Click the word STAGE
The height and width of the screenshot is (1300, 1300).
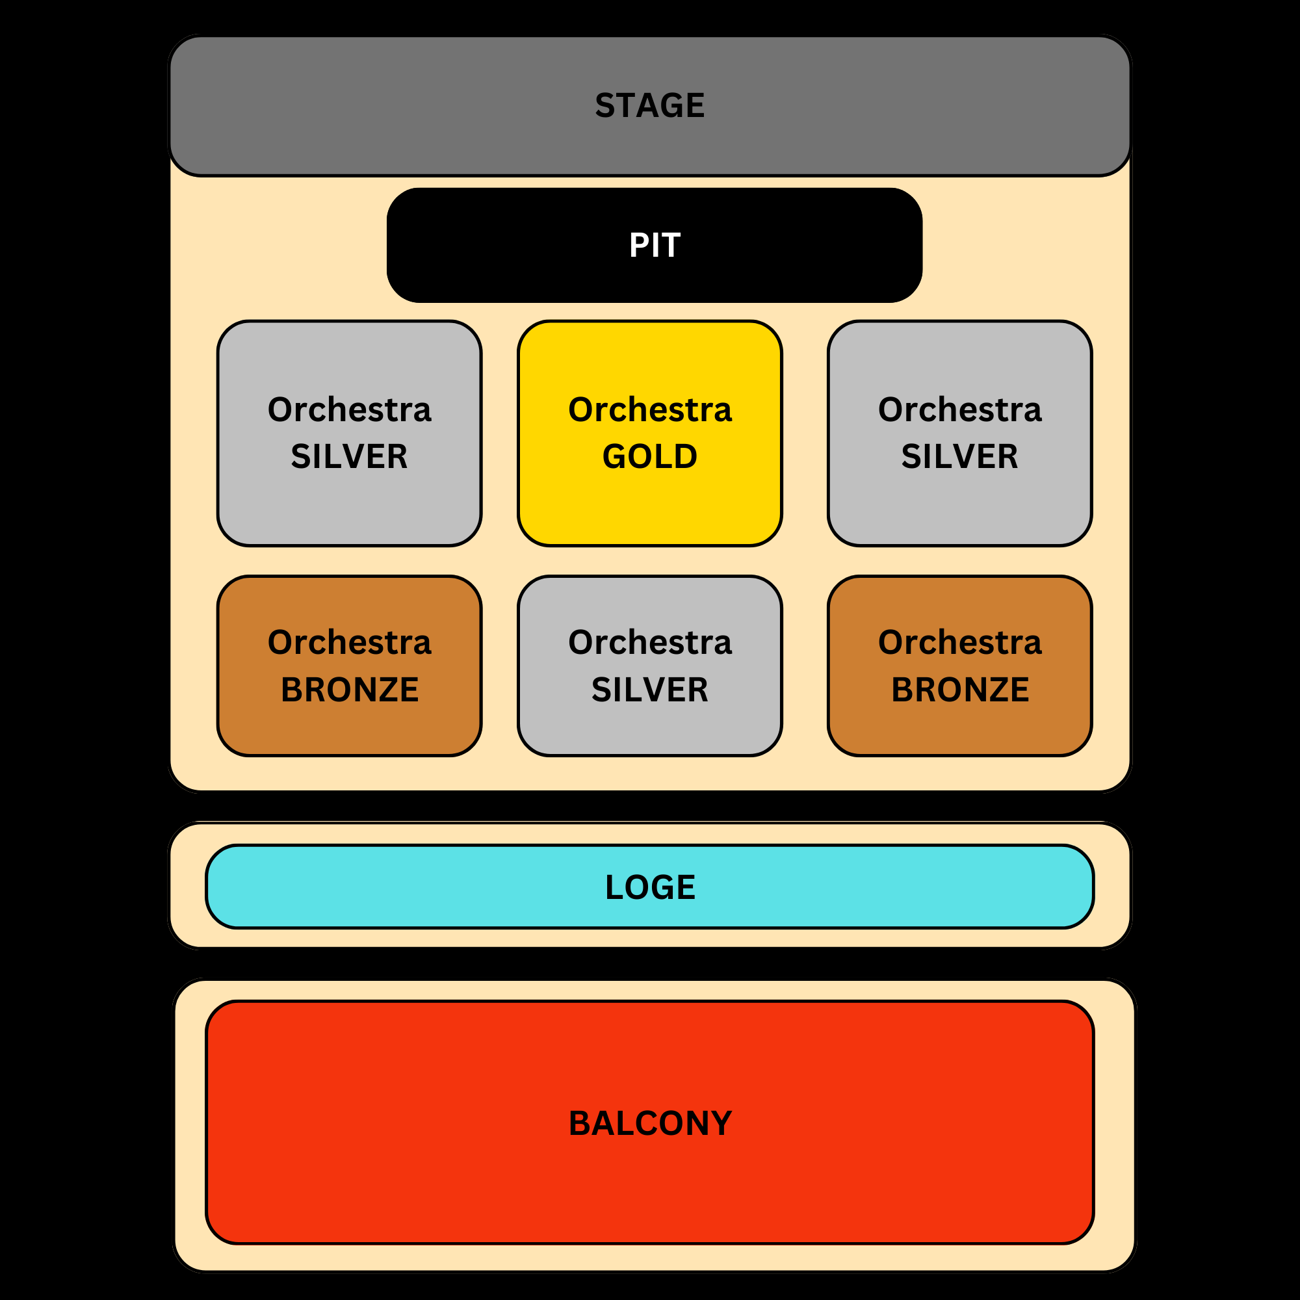[x=649, y=106]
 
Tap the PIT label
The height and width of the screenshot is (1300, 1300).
[x=654, y=245]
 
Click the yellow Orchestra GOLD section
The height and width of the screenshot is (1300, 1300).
[x=649, y=504]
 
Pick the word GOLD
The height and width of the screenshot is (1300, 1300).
[x=649, y=456]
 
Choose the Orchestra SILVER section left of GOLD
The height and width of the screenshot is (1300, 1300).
[x=349, y=504]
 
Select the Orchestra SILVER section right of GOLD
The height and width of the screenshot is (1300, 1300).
[x=959, y=504]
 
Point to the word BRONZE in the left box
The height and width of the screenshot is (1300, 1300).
[x=349, y=690]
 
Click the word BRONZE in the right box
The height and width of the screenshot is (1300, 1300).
[x=959, y=690]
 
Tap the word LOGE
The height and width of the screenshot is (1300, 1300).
[x=649, y=887]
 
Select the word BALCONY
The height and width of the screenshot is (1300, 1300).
[x=649, y=1123]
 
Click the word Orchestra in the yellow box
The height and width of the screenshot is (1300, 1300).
[x=649, y=409]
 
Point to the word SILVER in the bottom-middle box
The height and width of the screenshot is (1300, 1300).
[x=649, y=690]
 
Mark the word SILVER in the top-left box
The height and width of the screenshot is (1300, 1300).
[x=349, y=456]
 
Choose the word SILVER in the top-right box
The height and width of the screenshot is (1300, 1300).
[x=959, y=456]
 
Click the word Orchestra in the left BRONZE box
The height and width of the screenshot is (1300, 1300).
[x=349, y=642]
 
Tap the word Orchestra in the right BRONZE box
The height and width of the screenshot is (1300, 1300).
[x=959, y=642]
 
